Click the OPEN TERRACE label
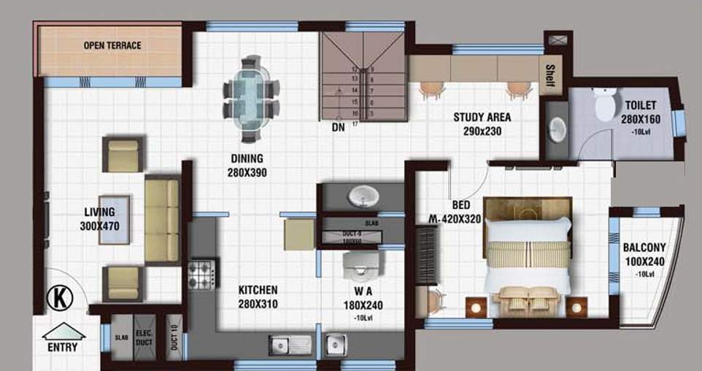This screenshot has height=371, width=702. pyautogui.click(x=112, y=45)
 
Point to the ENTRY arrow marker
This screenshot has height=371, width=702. pyautogui.click(x=63, y=333)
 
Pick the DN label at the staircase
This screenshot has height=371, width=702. pyautogui.click(x=338, y=127)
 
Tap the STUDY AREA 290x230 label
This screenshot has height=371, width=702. pyautogui.click(x=482, y=124)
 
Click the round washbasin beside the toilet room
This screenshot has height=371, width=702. pyautogui.click(x=558, y=130)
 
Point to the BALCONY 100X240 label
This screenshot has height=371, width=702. pyautogui.click(x=644, y=260)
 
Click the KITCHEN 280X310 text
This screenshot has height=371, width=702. pyautogui.click(x=258, y=297)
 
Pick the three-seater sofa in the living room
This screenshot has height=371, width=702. pyautogui.click(x=161, y=220)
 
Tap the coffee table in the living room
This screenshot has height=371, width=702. pyautogui.click(x=114, y=219)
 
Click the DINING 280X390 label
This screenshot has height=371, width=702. pyautogui.click(x=247, y=166)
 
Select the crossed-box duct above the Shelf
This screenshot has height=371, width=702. pyautogui.click(x=558, y=38)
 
